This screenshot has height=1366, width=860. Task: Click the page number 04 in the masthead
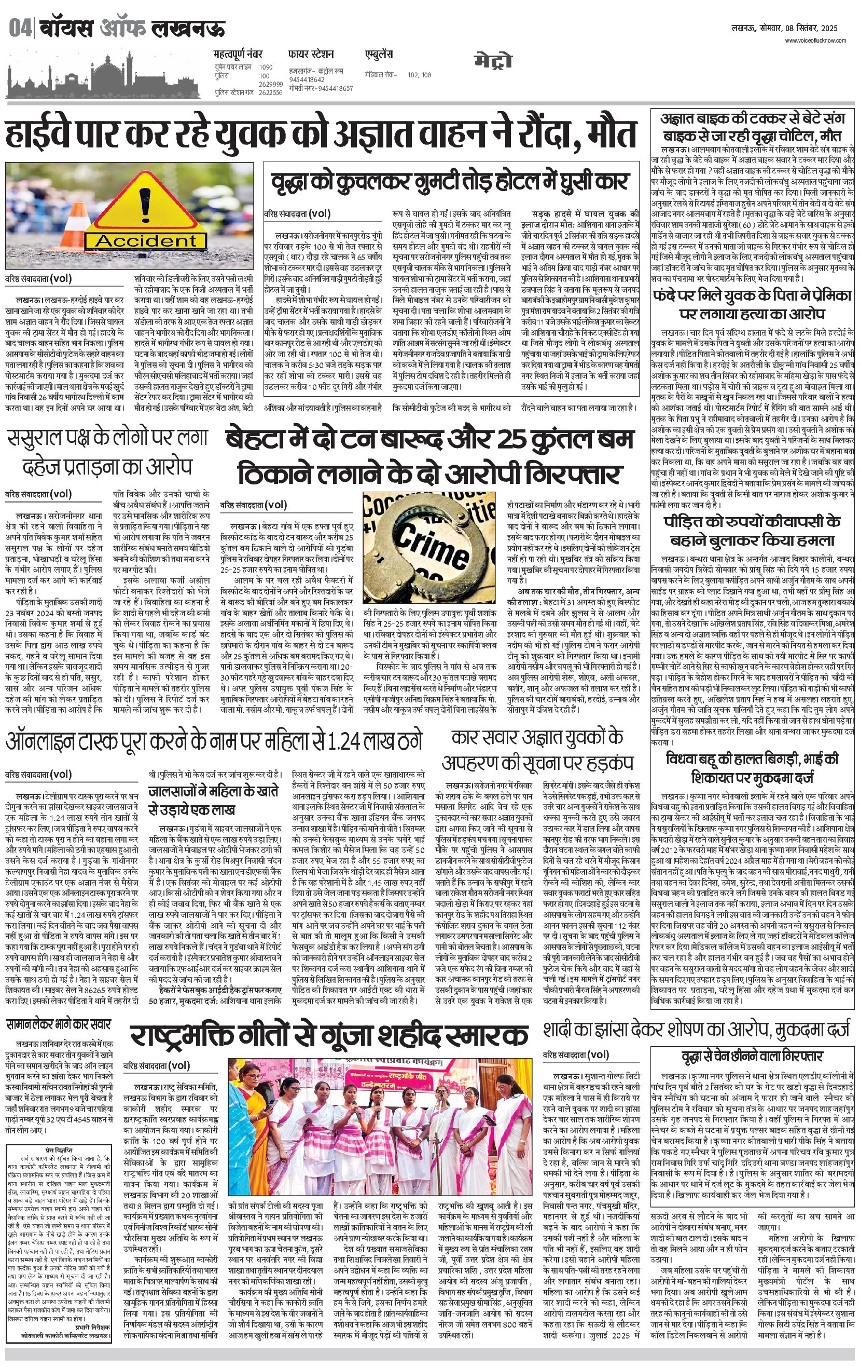(x=20, y=29)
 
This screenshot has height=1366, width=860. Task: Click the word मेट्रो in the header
(x=493, y=61)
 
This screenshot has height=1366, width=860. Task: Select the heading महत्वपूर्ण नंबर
(x=238, y=55)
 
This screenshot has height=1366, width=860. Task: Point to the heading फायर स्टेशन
(x=311, y=55)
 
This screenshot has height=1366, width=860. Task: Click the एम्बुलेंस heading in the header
(x=379, y=55)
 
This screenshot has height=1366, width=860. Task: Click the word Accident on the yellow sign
(x=145, y=240)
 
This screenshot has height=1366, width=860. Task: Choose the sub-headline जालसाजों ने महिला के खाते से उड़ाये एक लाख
(x=214, y=800)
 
